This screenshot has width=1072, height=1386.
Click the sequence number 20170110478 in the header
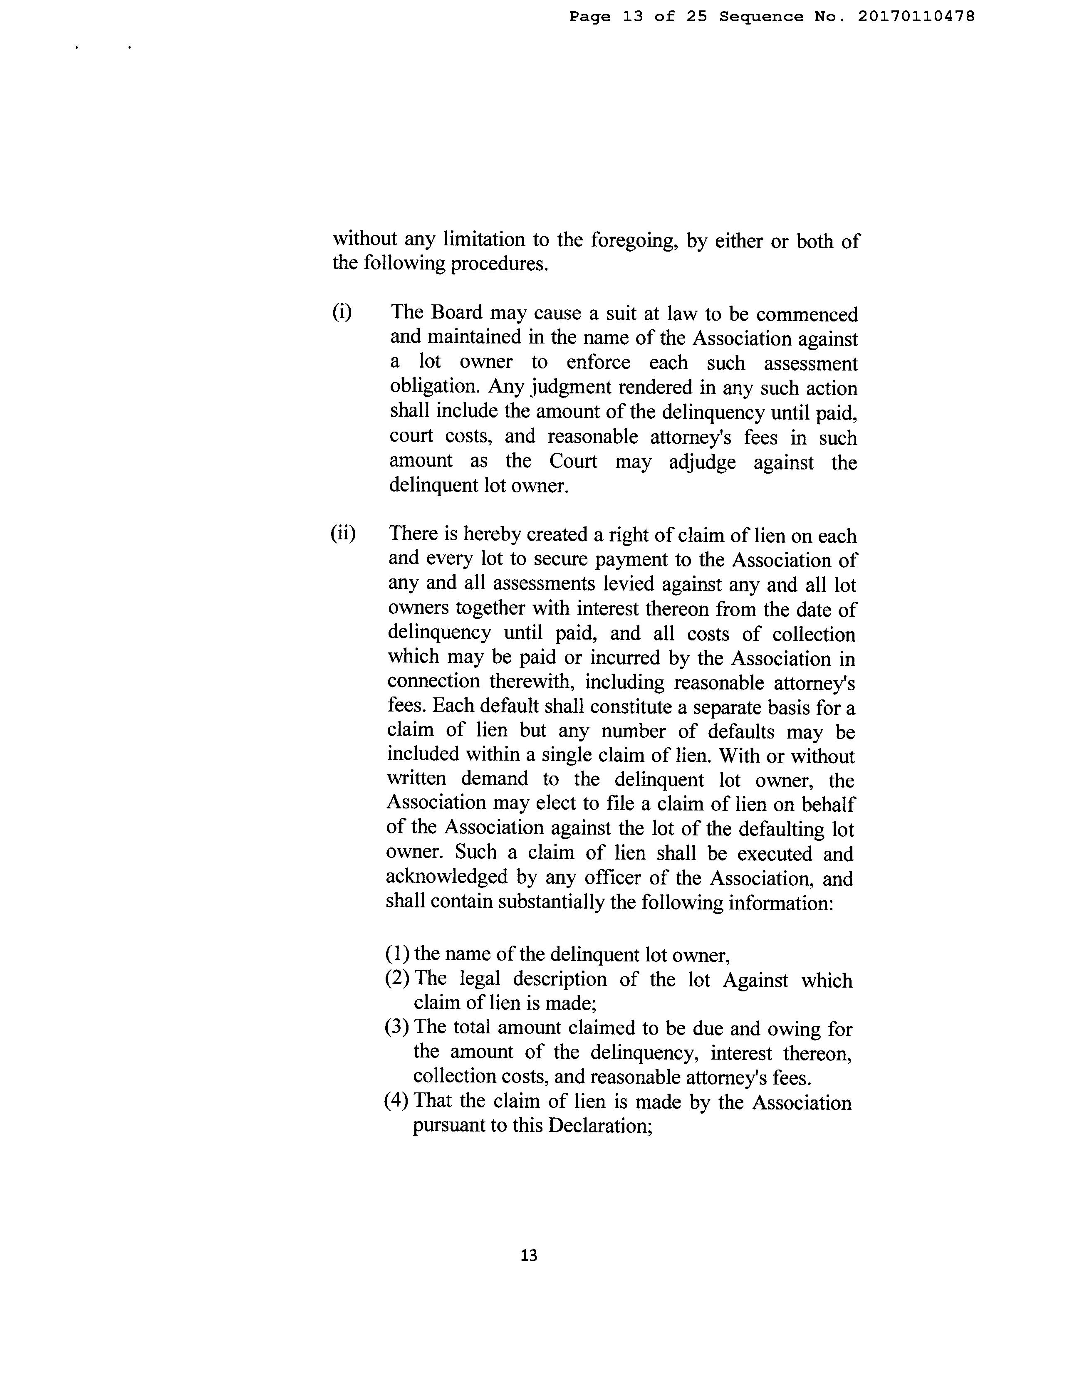pyautogui.click(x=916, y=17)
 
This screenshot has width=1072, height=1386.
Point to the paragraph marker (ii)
pyautogui.click(x=343, y=533)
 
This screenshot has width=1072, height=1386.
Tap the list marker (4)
pyautogui.click(x=397, y=1100)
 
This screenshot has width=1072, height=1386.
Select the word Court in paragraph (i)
pyautogui.click(x=573, y=461)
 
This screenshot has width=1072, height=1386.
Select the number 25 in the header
pyautogui.click(x=696, y=17)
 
